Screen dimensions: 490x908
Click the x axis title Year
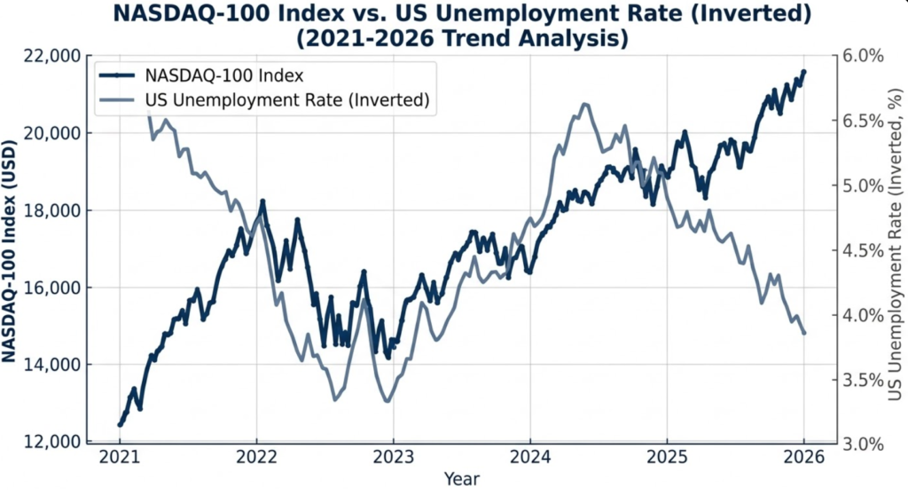point(461,479)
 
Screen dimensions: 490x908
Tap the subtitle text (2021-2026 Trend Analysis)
point(461,39)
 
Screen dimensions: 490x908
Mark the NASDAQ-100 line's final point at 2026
point(803,72)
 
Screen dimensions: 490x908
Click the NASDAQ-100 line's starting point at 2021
point(120,424)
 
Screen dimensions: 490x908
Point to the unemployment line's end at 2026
point(803,333)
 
